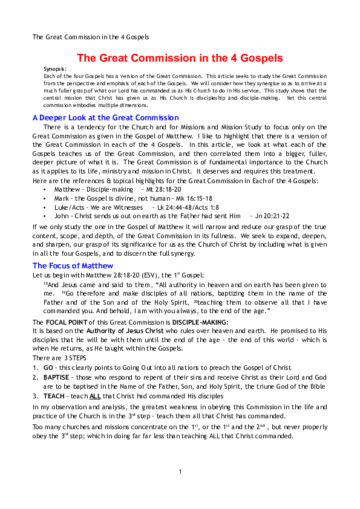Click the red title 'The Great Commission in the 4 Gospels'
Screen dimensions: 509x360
(180, 58)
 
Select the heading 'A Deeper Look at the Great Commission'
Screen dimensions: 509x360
(105, 117)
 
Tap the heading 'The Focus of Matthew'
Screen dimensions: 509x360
(73, 265)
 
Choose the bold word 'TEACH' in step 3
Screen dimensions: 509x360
(54, 396)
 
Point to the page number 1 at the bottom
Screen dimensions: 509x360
(180, 472)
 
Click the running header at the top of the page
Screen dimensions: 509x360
(91, 37)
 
